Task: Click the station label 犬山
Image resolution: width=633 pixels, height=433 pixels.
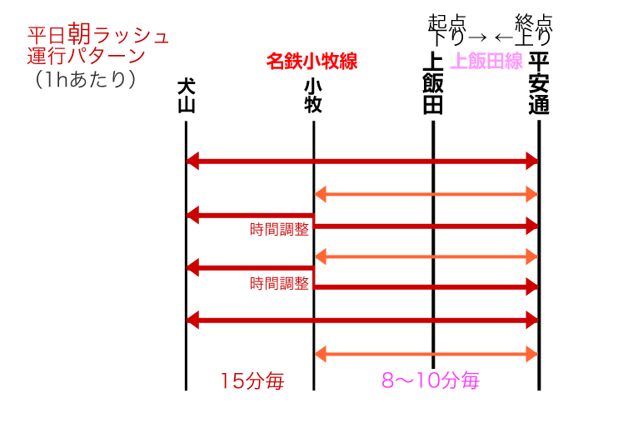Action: coord(186,97)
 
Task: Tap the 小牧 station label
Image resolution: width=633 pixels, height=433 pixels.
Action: coord(314,97)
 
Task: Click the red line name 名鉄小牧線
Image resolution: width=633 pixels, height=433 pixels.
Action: coord(312,62)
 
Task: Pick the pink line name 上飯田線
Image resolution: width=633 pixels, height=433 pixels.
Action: coord(486,61)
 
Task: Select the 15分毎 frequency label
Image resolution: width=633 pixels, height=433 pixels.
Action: coord(252,381)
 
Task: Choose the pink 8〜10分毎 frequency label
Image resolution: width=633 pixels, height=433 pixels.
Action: coord(431,381)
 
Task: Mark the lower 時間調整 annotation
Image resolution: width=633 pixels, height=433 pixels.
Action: coord(279,283)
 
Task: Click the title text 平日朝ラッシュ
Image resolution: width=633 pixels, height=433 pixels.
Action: coord(98,36)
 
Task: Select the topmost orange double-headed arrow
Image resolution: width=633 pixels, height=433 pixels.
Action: coord(426,195)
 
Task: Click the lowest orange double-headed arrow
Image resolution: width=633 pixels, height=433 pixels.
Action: coord(426,355)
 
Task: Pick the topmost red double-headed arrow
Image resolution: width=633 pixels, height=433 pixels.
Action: coord(362,161)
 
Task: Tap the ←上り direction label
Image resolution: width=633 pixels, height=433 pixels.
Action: coord(522,37)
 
